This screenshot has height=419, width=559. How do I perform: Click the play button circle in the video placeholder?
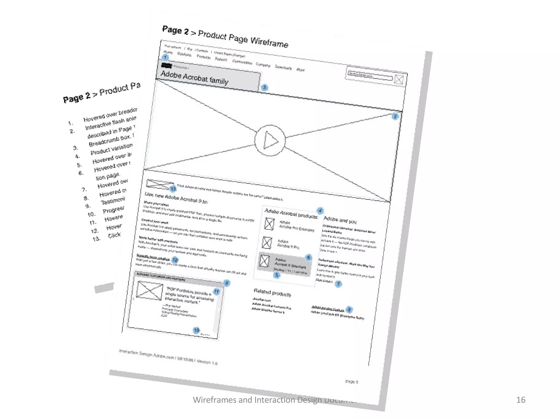[x=270, y=140]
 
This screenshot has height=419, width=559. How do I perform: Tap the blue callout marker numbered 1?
[x=165, y=57]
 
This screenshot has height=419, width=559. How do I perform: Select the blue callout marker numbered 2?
[x=395, y=116]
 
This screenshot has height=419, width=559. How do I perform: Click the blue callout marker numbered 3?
[x=264, y=88]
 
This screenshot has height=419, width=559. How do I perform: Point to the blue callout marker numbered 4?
[x=320, y=211]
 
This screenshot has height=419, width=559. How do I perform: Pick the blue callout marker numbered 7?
[x=338, y=284]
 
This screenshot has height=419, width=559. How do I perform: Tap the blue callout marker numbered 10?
[x=196, y=330]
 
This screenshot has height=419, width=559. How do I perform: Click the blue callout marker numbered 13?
[x=173, y=189]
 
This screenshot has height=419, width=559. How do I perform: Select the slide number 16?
[x=521, y=400]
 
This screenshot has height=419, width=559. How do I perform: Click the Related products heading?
[x=272, y=292]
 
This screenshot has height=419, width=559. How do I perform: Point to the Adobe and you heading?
[x=340, y=220]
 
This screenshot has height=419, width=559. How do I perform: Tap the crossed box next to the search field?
[x=399, y=80]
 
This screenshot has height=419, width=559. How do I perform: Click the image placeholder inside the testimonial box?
[x=149, y=291]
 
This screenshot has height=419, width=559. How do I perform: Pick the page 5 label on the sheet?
[x=352, y=382]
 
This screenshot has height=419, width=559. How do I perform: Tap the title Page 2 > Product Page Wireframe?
[x=225, y=37]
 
